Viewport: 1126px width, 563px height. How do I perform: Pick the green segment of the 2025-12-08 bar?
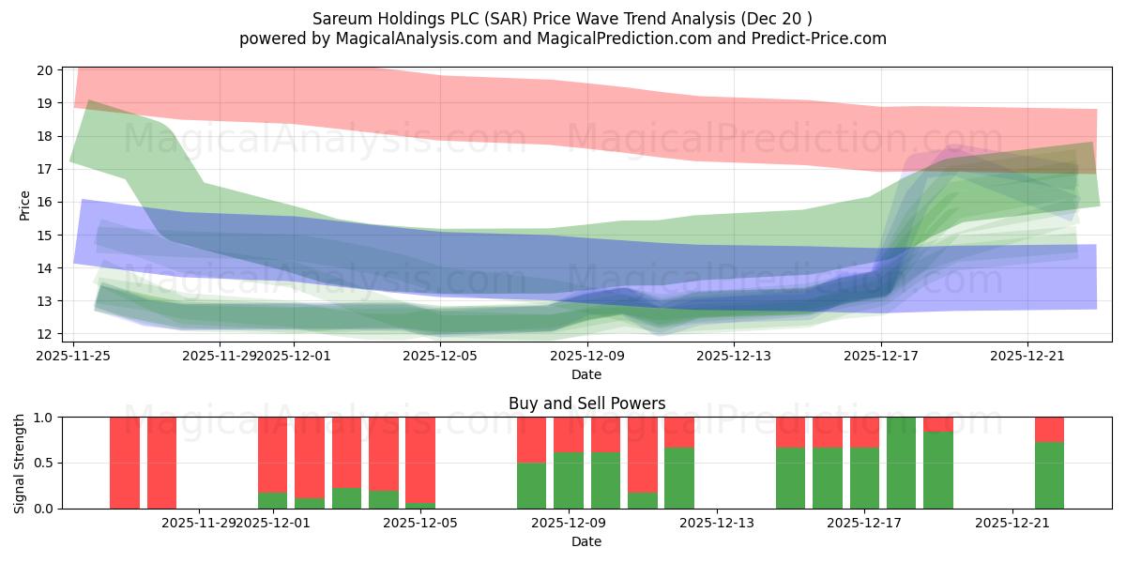tap(531, 486)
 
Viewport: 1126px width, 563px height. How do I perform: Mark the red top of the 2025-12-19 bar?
tap(938, 424)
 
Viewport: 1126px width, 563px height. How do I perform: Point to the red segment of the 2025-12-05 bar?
tap(420, 460)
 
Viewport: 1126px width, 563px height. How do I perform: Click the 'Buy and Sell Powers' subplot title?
tap(586, 403)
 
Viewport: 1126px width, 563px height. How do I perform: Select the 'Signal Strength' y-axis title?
tap(20, 463)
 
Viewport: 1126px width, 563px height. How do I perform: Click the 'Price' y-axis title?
tap(25, 205)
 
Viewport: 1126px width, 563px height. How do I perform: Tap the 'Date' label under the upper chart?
tap(586, 374)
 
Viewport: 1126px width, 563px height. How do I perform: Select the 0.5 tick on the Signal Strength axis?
tap(43, 463)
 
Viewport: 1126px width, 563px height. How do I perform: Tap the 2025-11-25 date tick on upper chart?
tap(74, 356)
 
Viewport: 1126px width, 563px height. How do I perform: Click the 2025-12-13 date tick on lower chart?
tap(716, 523)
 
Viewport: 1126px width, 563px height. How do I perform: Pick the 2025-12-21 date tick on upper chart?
tap(1027, 356)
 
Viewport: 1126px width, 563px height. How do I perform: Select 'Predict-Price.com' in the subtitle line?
tap(818, 38)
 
